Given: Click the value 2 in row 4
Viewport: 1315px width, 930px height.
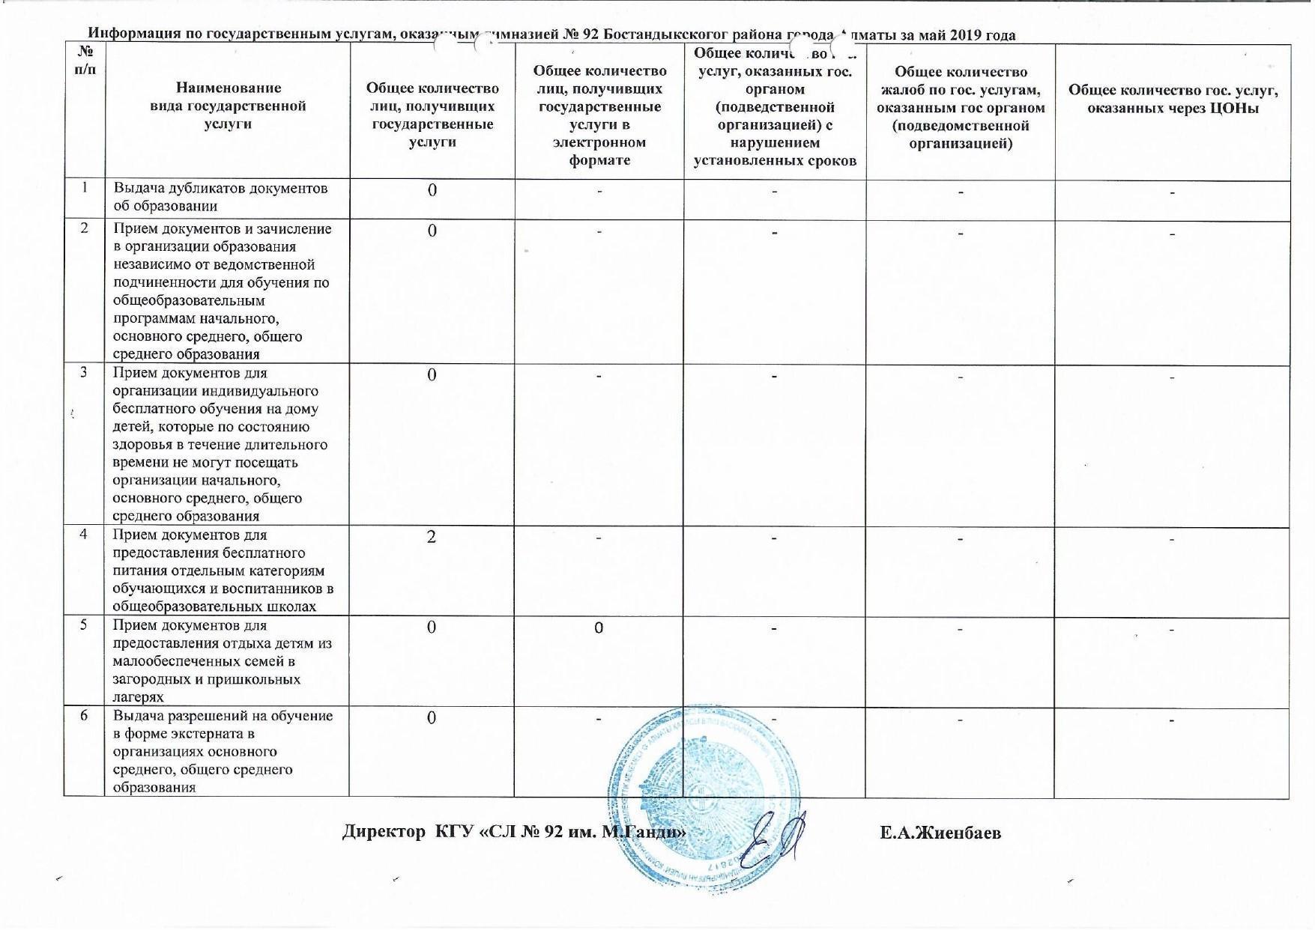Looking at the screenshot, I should click(x=431, y=537).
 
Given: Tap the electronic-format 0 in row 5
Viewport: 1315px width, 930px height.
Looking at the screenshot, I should click(x=599, y=628).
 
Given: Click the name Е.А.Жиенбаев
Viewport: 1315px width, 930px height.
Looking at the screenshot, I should click(x=940, y=833).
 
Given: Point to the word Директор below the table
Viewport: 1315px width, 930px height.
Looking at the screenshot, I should click(x=383, y=832).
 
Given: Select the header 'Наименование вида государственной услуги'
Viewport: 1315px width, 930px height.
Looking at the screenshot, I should click(x=228, y=106).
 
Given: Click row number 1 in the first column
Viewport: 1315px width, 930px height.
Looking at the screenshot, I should click(x=84, y=187).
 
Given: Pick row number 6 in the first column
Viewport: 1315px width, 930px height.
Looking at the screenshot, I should click(x=84, y=716).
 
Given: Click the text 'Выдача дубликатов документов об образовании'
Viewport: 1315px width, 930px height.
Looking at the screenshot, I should click(x=221, y=197).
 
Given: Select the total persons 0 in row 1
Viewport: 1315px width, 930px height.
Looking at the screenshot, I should click(x=432, y=190).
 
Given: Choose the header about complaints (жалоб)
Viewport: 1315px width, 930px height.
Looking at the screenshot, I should click(x=961, y=108).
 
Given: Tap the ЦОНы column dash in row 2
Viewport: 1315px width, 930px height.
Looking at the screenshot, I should click(x=1173, y=234).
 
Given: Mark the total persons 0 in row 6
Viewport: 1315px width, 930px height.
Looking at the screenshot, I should click(x=432, y=718).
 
